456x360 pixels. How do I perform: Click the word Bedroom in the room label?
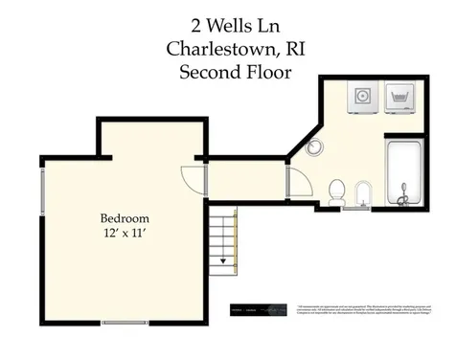point(125,217)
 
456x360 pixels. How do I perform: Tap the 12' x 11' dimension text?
point(125,233)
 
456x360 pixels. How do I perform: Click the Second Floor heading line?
point(227,71)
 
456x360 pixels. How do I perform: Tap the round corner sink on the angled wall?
point(316,146)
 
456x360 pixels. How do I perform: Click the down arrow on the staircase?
point(222,257)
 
